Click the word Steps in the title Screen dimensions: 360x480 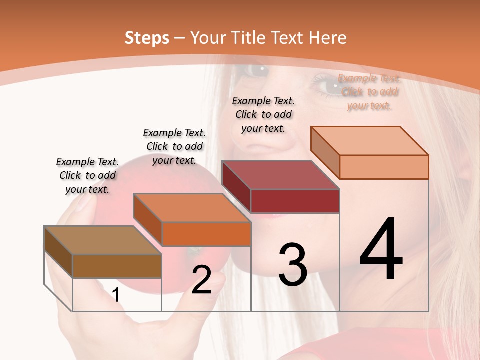tap(147, 38)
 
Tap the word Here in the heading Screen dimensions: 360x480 tap(328, 38)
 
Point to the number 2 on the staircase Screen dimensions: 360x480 tap(201, 280)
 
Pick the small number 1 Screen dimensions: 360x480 tap(116, 295)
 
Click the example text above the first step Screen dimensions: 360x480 tap(88, 175)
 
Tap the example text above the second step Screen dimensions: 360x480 tap(174, 146)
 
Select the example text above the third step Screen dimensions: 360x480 tap(263, 114)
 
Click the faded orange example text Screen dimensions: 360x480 tap(369, 92)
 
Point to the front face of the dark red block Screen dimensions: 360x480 tap(295, 201)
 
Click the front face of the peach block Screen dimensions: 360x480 tap(384, 167)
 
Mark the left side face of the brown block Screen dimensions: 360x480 tap(58, 252)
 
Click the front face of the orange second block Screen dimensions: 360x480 tap(206, 234)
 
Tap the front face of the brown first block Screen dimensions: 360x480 tap(117, 266)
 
